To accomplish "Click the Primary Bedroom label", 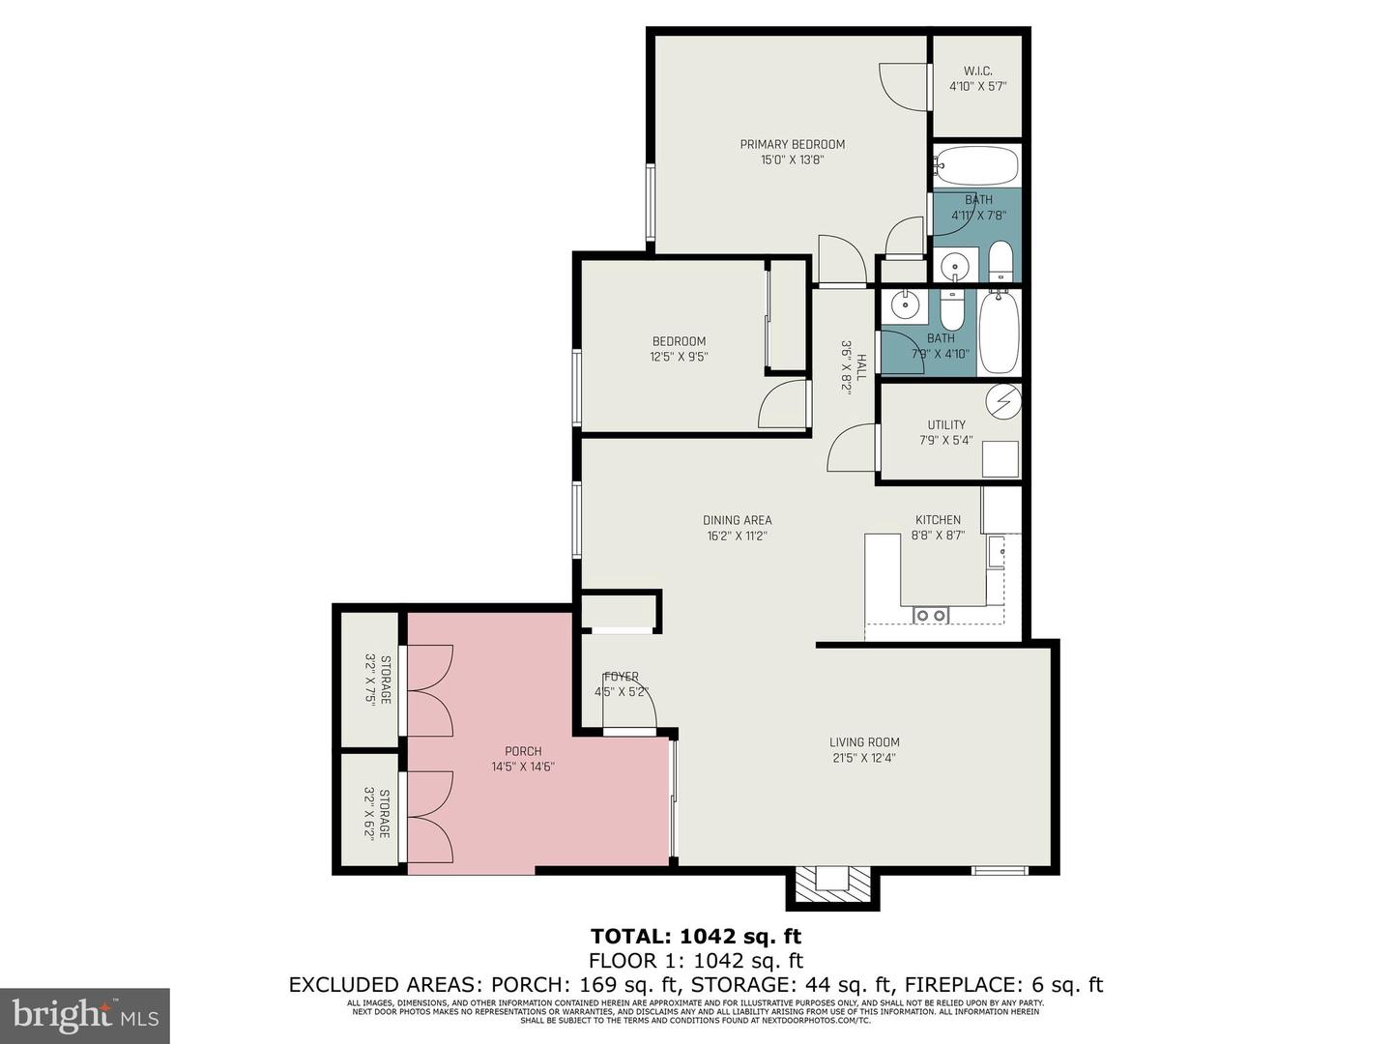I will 792,145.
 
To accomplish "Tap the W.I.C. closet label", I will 977,72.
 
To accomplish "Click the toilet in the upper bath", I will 1000,262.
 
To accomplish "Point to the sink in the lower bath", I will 905,305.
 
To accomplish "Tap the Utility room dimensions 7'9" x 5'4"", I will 945,441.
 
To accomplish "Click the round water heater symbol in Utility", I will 1002,399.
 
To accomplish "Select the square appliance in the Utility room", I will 1000,459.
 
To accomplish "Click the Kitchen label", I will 938,520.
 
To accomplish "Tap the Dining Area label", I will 737,520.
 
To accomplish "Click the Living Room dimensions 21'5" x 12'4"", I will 864,758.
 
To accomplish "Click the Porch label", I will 523,751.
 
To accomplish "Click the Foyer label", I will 621,677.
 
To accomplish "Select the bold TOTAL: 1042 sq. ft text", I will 695,936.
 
